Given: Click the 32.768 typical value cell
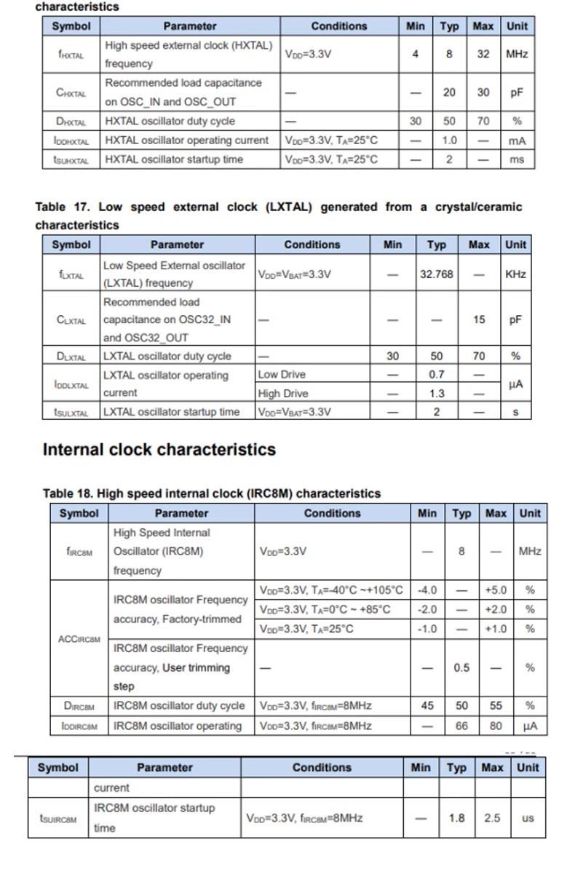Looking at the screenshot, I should click(x=436, y=274).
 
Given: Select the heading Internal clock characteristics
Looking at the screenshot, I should click(x=159, y=449).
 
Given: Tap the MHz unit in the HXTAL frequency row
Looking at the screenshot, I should click(x=516, y=54).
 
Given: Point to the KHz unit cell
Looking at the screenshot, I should click(x=515, y=274).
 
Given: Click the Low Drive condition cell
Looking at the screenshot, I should click(x=282, y=375).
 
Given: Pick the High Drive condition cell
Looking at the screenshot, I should click(x=283, y=394).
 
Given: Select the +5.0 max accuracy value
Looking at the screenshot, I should click(x=495, y=590).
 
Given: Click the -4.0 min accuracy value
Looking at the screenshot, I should click(x=427, y=590).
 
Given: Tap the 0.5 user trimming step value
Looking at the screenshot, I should click(x=461, y=667).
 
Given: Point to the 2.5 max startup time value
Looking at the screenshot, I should click(x=492, y=818).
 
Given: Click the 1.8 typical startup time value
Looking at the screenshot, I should click(x=456, y=818).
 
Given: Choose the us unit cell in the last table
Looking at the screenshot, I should click(x=528, y=818).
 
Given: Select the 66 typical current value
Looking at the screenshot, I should click(x=461, y=726).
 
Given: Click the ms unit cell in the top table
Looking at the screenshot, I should click(x=516, y=159).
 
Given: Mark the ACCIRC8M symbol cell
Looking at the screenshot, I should click(x=79, y=639).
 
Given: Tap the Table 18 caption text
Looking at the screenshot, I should click(x=212, y=493).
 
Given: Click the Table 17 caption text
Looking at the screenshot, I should click(x=279, y=215).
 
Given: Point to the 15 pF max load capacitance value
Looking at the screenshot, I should click(x=479, y=320).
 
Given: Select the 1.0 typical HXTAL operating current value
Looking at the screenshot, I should click(x=449, y=140).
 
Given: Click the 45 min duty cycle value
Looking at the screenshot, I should click(x=427, y=706).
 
